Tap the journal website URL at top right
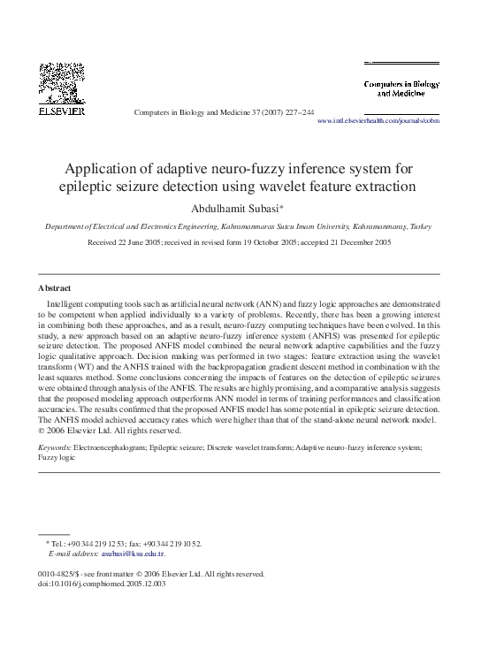378,120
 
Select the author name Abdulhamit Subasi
237,208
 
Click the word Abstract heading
55,288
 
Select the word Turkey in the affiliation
418,226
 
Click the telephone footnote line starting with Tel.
124,544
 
